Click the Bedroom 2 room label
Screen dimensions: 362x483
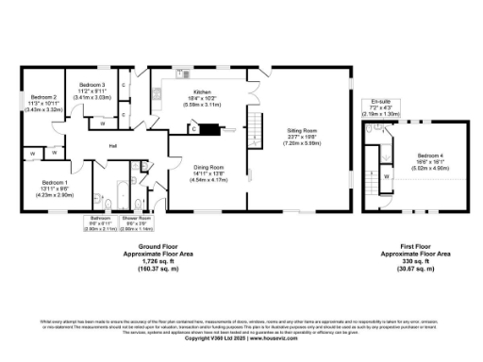click(x=44, y=98)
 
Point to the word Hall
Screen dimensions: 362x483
click(x=112, y=146)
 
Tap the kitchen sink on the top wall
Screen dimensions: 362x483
click(x=180, y=75)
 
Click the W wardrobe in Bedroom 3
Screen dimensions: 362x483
click(x=101, y=123)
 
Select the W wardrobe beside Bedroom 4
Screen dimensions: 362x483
click(x=387, y=176)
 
